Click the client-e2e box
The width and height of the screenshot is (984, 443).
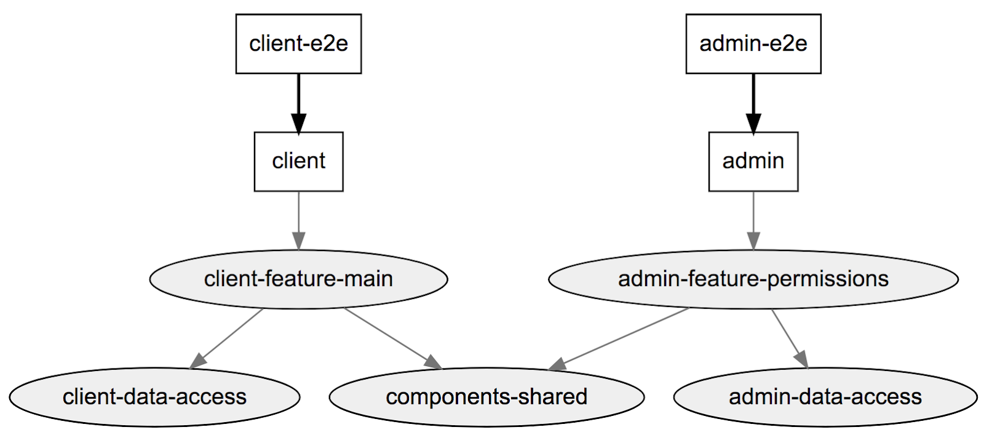click(x=298, y=44)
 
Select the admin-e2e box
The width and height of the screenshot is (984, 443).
click(x=753, y=44)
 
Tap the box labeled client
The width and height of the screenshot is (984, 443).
click(x=298, y=161)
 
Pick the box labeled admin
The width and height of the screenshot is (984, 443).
click(x=753, y=161)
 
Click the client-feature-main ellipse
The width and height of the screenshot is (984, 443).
click(x=298, y=279)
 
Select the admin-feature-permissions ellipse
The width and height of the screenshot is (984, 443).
click(x=753, y=279)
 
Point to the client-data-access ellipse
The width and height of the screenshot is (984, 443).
click(x=154, y=397)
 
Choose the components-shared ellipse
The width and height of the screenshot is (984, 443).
click(x=486, y=397)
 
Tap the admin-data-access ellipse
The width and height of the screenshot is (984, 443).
click(x=825, y=397)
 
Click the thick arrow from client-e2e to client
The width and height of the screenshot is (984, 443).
click(x=298, y=95)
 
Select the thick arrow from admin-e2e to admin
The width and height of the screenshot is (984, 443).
click(x=753, y=95)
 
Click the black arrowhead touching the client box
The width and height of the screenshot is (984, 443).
click(x=298, y=123)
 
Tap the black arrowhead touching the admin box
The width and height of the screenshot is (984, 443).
click(x=753, y=123)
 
